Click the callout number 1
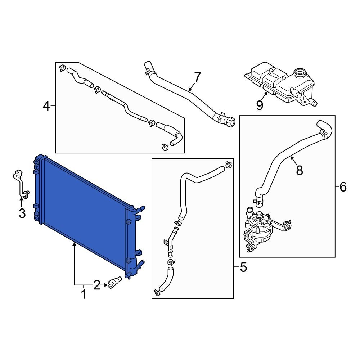[x=84, y=294]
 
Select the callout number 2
[x=96, y=285]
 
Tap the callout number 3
[x=22, y=213]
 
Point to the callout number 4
[x=46, y=106]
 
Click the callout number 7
[x=197, y=77]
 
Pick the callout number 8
[x=300, y=170]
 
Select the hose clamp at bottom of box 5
[x=157, y=293]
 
